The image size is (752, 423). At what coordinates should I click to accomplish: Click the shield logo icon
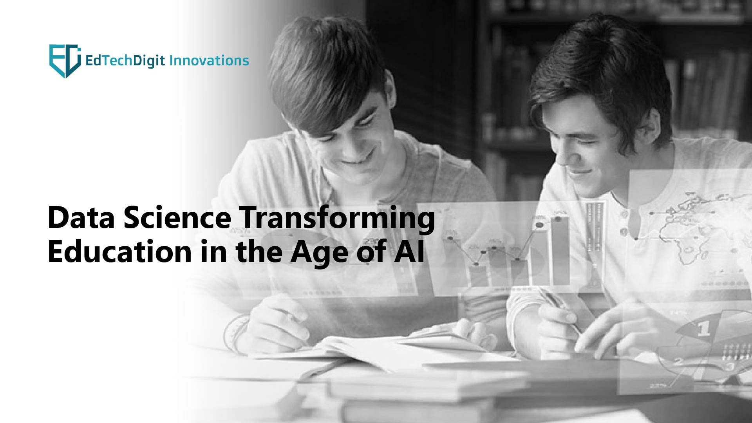point(65,61)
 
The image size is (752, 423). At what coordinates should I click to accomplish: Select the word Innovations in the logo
point(210,60)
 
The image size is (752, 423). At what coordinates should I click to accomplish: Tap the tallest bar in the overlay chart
point(560,251)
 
